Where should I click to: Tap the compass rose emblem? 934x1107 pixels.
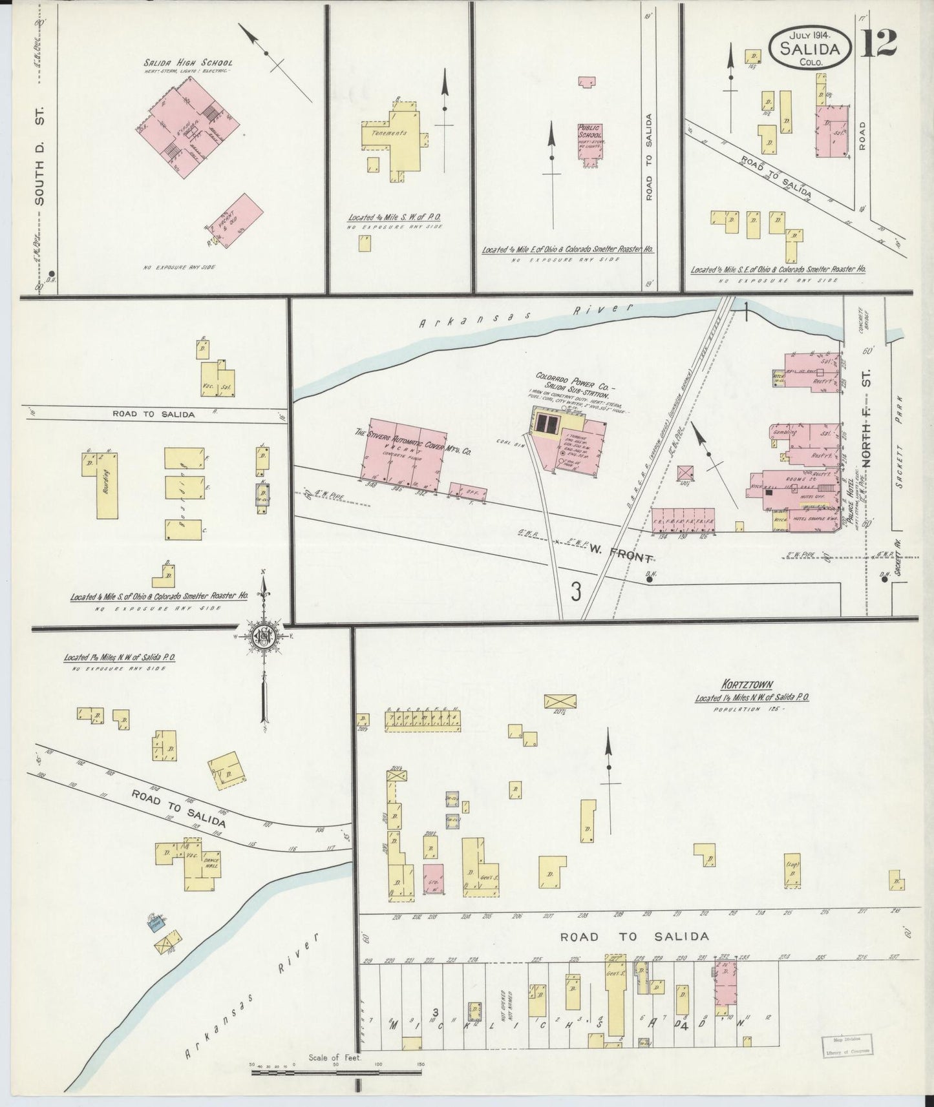[264, 636]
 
